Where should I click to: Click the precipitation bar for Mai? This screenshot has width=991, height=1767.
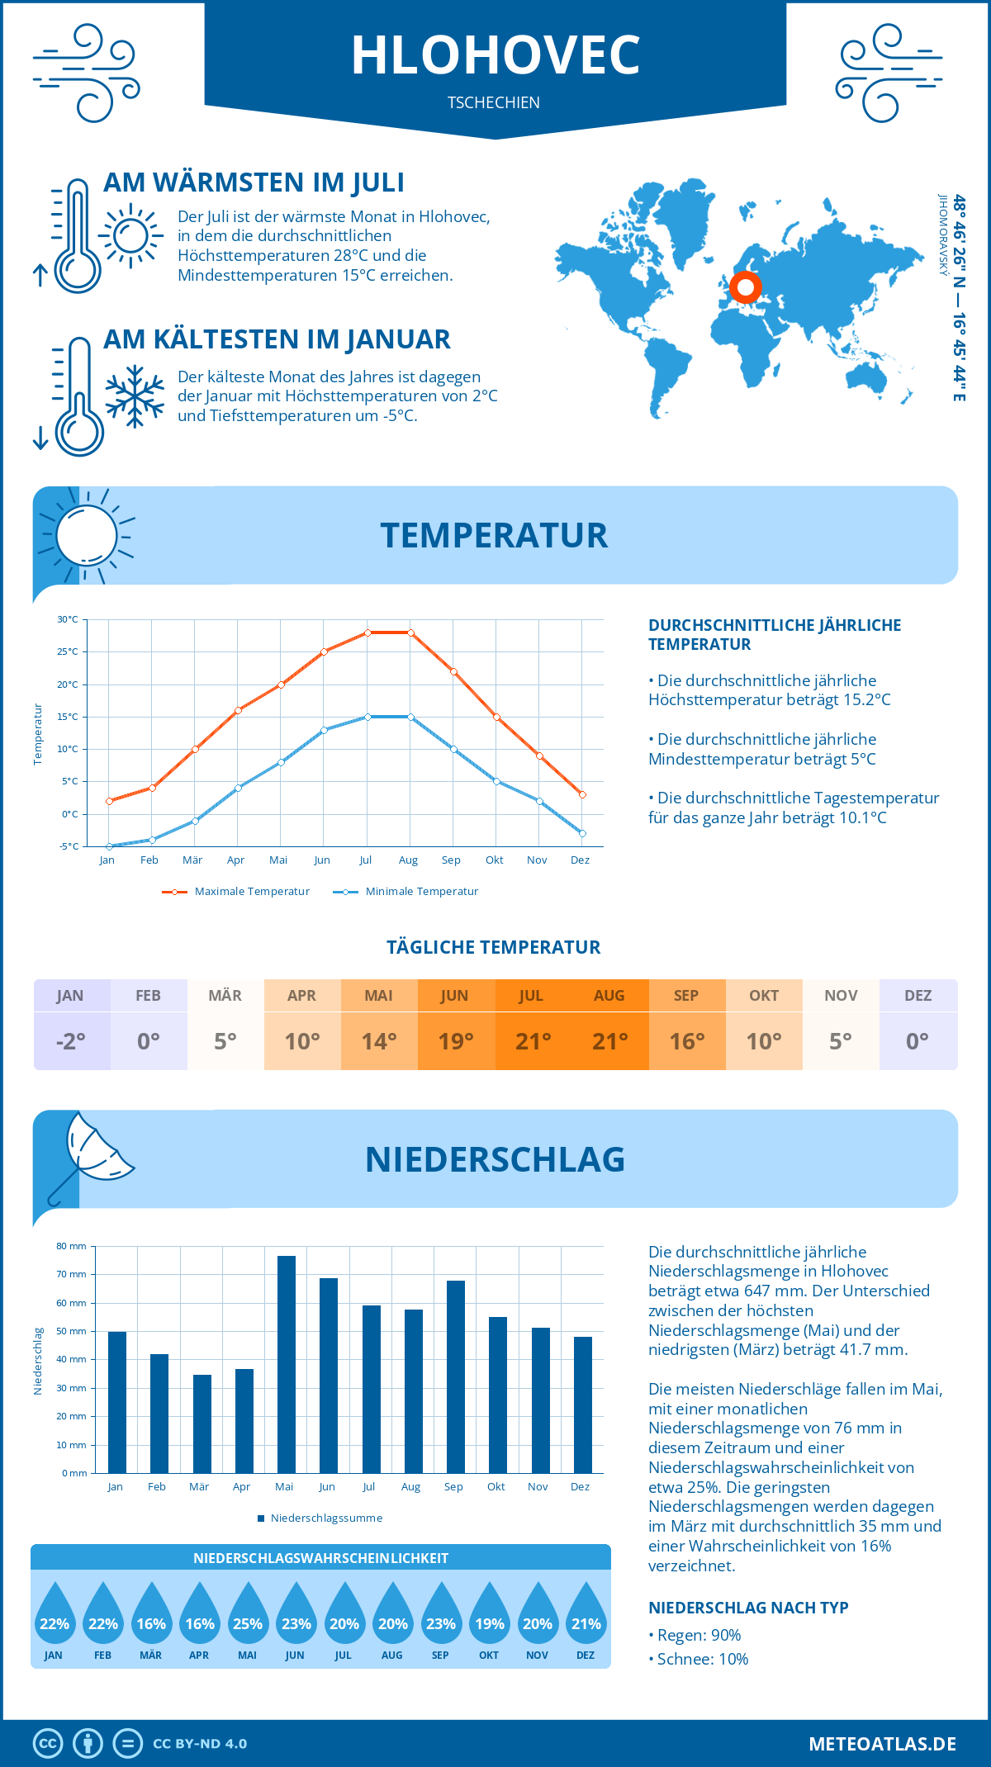tap(286, 1364)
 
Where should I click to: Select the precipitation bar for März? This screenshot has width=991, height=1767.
tap(202, 1424)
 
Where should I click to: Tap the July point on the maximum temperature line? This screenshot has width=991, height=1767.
tap(367, 632)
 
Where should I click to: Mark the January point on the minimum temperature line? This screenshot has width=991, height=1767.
tap(109, 846)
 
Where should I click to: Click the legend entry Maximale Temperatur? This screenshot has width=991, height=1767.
tap(236, 892)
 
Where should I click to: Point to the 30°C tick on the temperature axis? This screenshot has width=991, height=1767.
tap(68, 619)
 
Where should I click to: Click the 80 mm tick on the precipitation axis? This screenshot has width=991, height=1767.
tap(71, 1246)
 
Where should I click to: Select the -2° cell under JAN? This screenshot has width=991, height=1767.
tap(71, 1041)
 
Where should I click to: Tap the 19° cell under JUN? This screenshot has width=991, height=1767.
tap(456, 1041)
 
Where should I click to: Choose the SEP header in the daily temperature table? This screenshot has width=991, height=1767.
tap(686, 996)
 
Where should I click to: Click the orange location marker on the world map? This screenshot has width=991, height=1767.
tap(746, 287)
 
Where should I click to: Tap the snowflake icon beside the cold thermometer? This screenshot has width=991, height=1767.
tap(135, 396)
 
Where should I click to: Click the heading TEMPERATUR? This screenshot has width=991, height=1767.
tap(494, 535)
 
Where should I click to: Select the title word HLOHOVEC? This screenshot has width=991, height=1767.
tap(495, 55)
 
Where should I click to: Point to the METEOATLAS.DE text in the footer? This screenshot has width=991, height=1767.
tap(882, 1744)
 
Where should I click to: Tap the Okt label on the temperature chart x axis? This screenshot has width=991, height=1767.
tap(494, 860)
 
